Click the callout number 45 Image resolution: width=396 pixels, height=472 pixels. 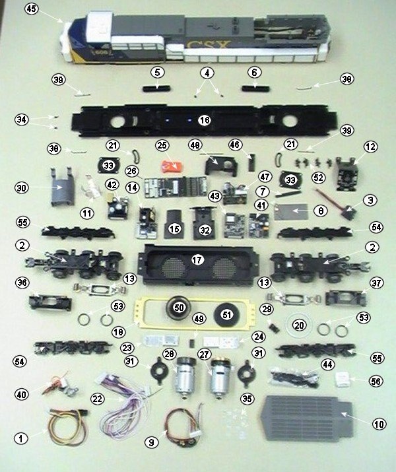pos(31,9)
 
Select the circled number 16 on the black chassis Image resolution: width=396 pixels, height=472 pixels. pos(204,121)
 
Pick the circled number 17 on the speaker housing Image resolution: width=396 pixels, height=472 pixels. pos(197,259)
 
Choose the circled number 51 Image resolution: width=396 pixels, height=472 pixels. pos(226,316)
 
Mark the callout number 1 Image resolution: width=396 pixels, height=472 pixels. pos(22,438)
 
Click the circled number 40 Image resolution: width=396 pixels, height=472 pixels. pos(22,395)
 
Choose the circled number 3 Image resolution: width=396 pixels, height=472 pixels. pos(371,199)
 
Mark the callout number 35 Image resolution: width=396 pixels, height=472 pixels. pos(247,398)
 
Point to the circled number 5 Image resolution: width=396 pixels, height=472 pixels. pos(156,71)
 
